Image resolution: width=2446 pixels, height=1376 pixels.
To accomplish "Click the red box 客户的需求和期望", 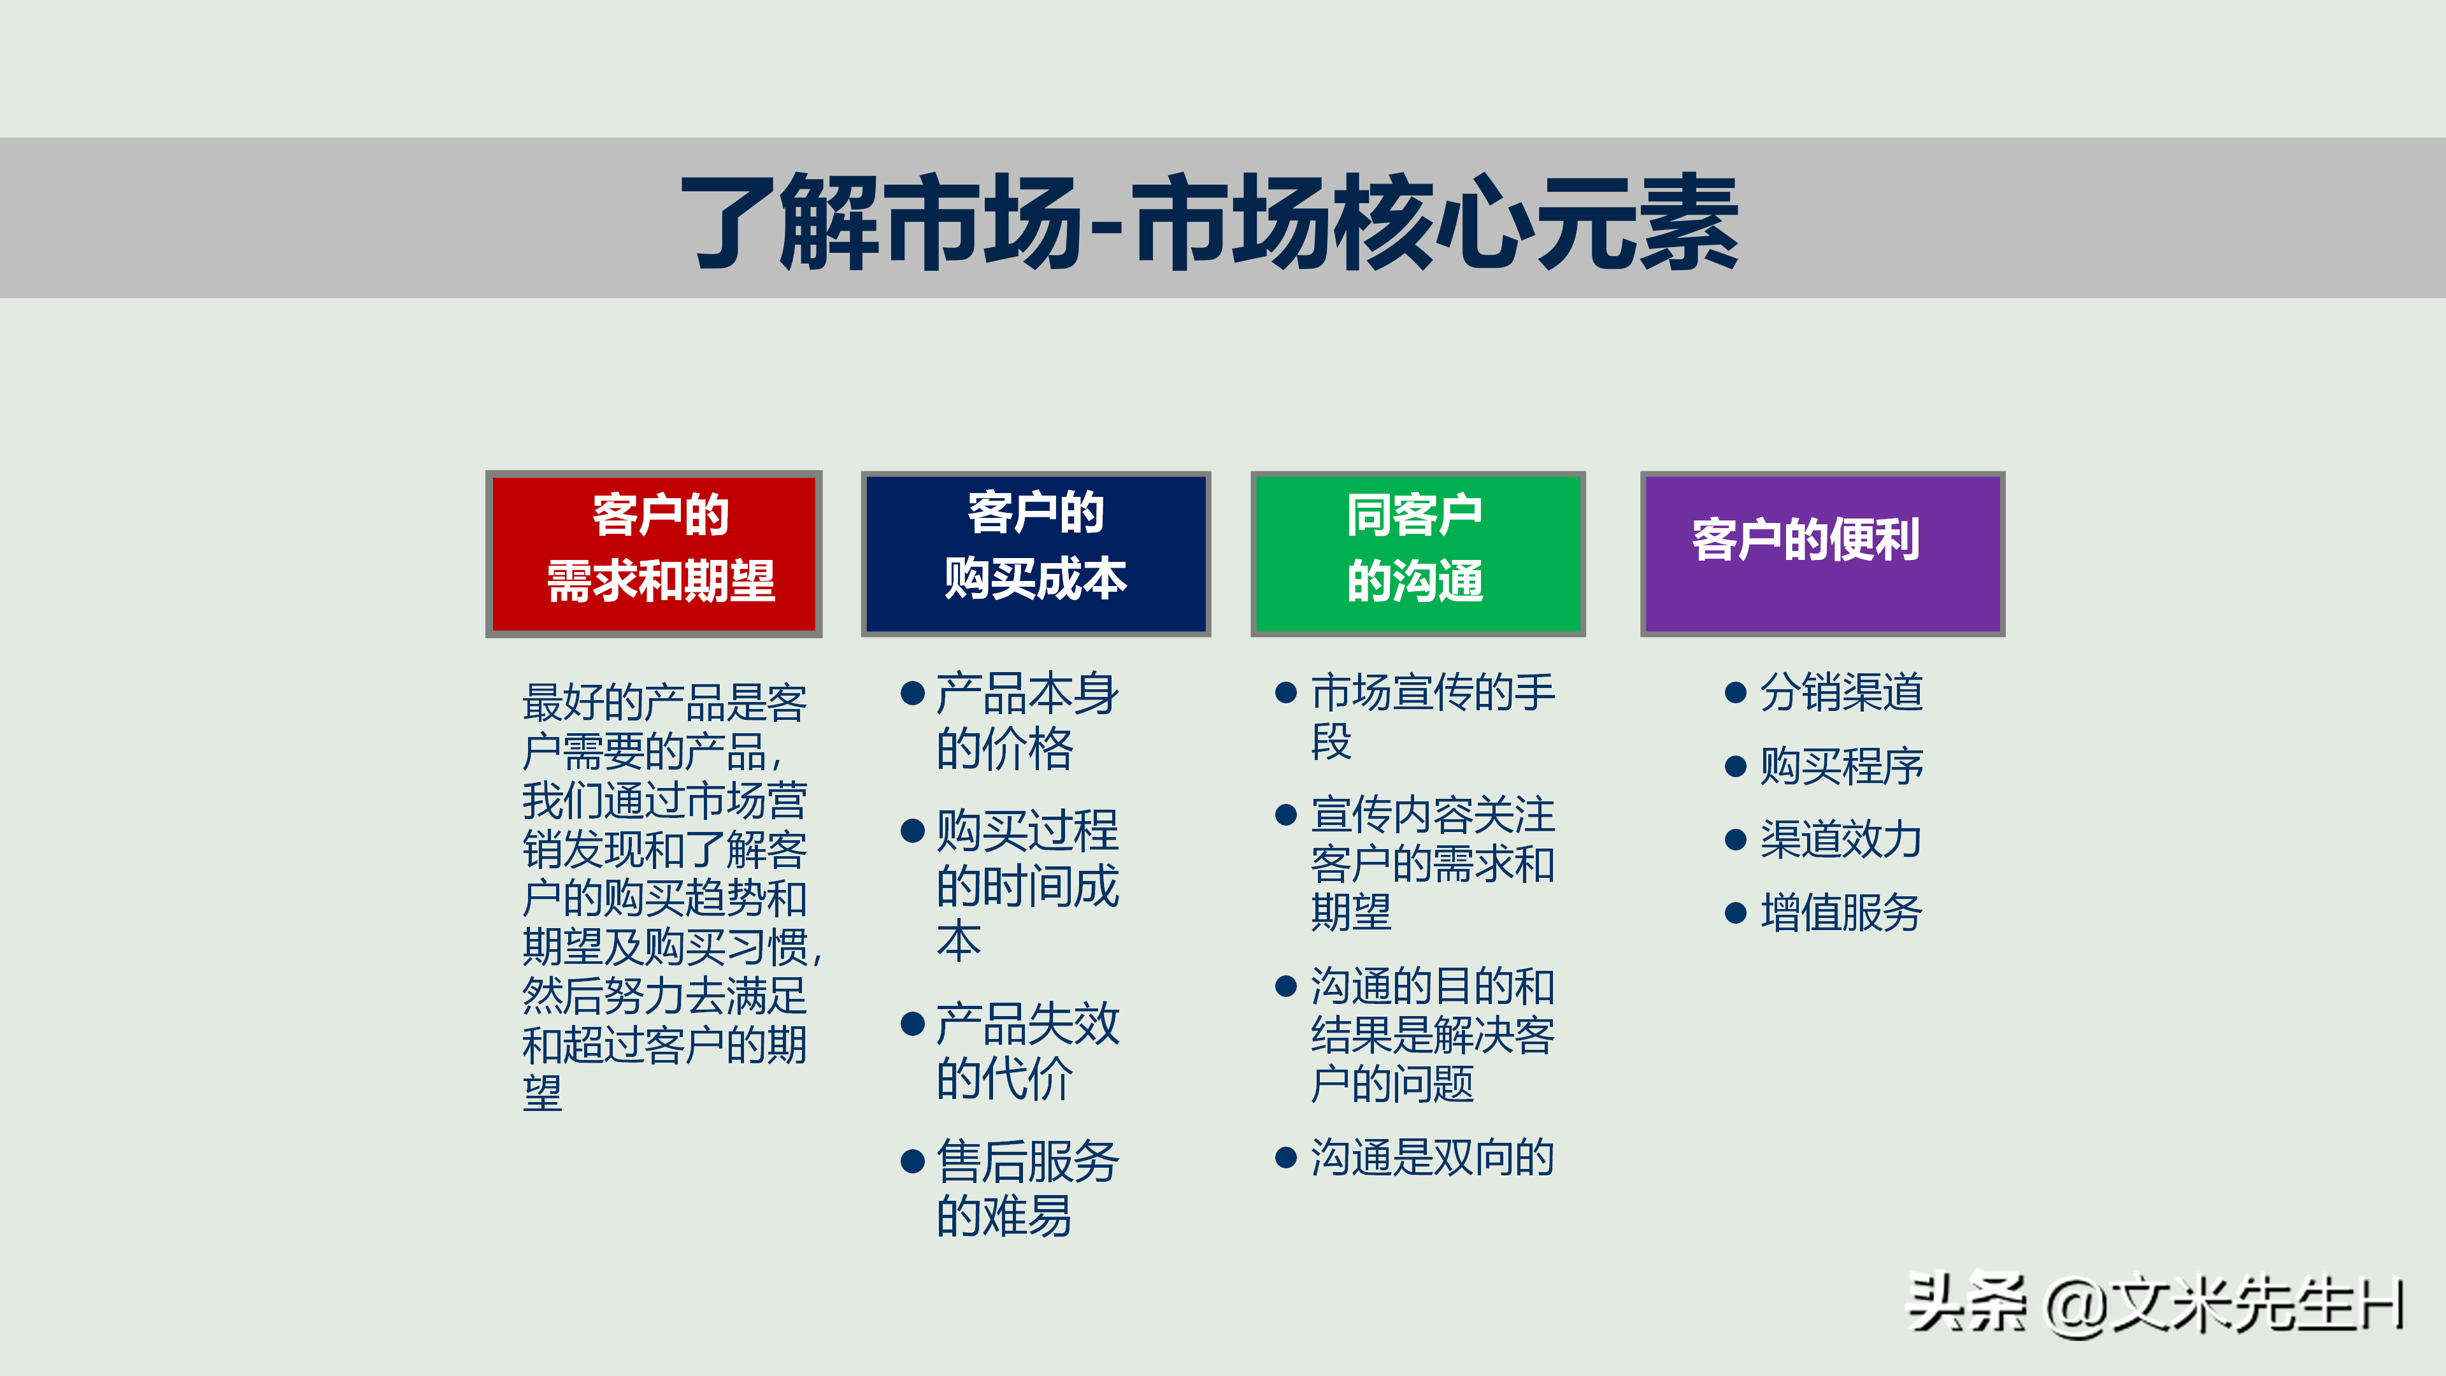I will tap(654, 554).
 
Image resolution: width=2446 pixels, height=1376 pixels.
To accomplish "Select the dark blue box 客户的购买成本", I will tap(1035, 554).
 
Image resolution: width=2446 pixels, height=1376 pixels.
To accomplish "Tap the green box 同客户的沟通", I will tap(1417, 554).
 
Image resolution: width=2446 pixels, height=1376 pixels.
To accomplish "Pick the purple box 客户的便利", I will tap(1821, 554).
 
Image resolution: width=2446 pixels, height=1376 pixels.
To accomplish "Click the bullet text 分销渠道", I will tap(1840, 692).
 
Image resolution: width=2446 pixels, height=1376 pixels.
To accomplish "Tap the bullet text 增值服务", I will tap(1840, 913).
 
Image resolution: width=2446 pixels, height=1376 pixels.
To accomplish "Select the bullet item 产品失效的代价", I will tap(1026, 1050).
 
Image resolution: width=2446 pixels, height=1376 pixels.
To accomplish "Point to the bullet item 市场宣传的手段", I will tap(1430, 717).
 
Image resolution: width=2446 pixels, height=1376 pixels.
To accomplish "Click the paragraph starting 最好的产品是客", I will tap(664, 898).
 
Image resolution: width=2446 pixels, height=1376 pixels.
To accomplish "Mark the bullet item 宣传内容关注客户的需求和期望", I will tap(1430, 864).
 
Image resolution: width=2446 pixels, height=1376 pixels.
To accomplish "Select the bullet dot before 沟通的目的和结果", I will tap(1285, 987).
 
